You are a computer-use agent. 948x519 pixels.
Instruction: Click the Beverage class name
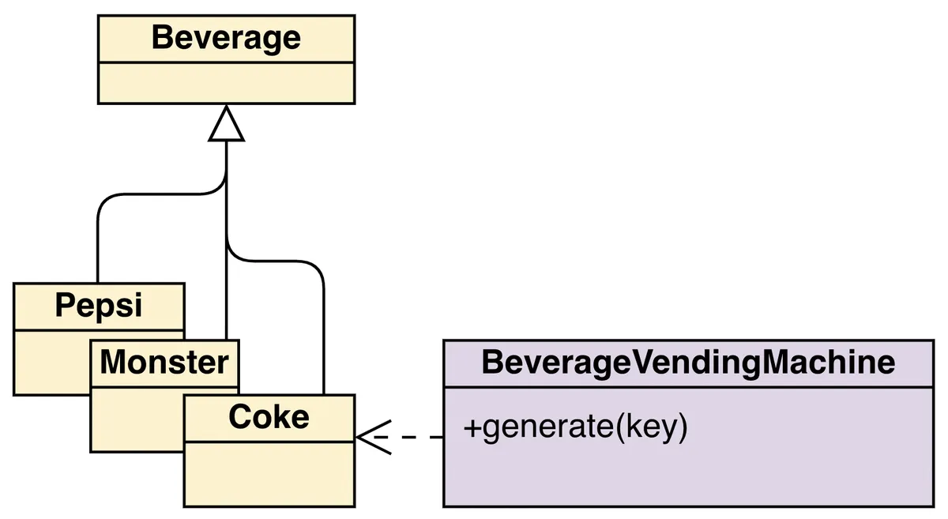point(226,38)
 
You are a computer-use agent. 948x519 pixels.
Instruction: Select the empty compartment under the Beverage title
point(226,82)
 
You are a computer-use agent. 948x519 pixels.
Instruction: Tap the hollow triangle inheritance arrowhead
point(227,126)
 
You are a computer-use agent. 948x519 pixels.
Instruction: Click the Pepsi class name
point(99,306)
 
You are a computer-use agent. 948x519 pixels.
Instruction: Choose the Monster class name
point(164,363)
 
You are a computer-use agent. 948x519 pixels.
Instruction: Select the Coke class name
point(269,417)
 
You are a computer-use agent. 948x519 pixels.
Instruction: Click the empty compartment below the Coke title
point(269,474)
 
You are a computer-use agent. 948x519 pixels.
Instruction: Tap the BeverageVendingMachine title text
point(688,363)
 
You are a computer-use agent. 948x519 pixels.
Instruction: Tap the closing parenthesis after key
point(683,428)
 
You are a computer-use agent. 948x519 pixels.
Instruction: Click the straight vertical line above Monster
point(227,300)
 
